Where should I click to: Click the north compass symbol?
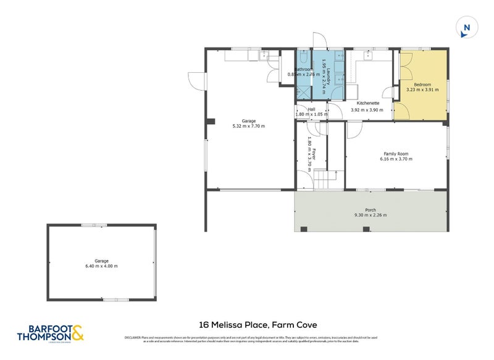(466, 28)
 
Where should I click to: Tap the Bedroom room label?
(422, 84)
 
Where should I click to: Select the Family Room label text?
(395, 154)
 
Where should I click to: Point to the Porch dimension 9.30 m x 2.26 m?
(371, 216)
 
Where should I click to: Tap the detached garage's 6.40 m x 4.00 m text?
(102, 266)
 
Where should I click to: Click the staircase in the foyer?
(325, 180)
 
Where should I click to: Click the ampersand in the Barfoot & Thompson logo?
(77, 335)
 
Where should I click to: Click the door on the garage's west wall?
(196, 80)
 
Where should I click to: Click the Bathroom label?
(303, 70)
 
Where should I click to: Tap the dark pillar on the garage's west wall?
(211, 120)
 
